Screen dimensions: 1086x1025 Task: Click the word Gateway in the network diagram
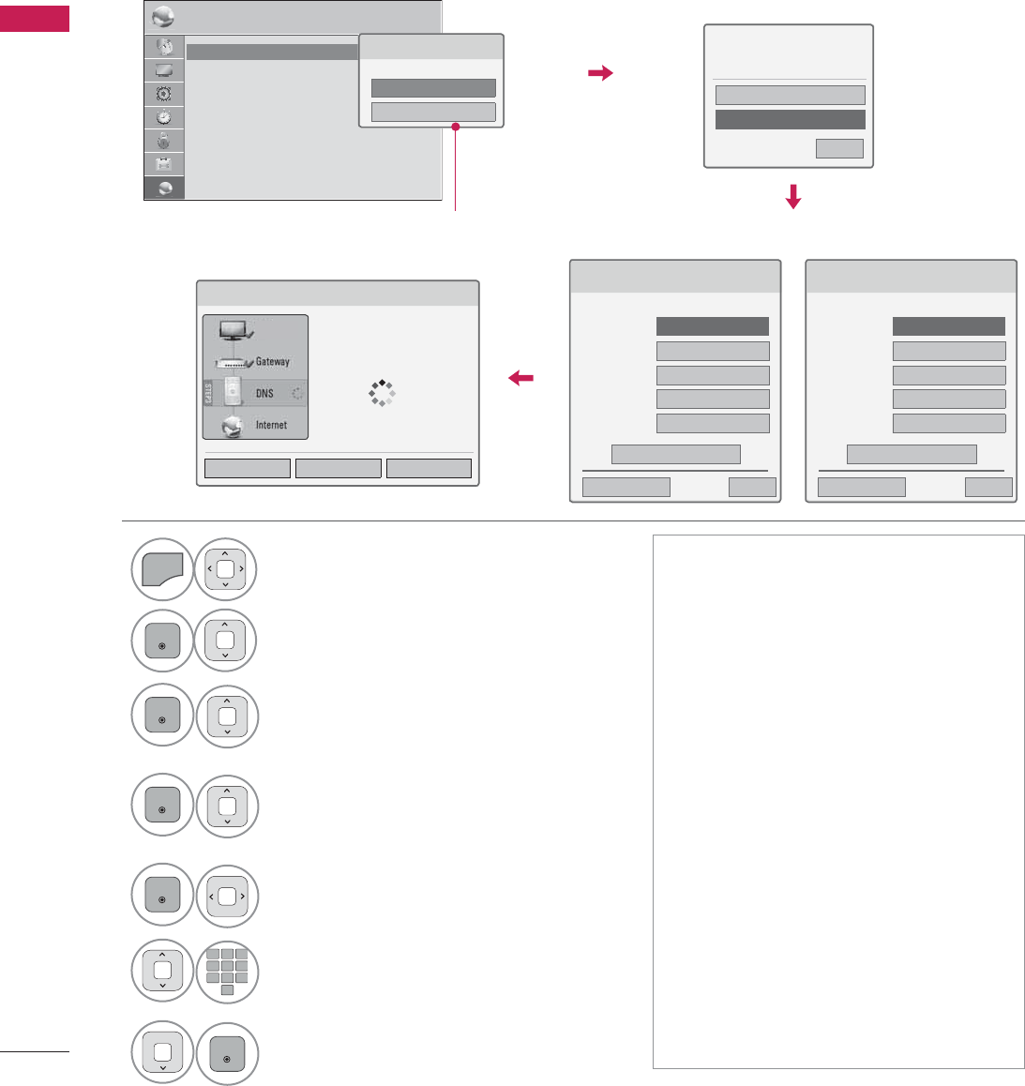click(272, 361)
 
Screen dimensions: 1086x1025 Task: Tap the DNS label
click(264, 393)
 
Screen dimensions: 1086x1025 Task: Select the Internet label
click(271, 425)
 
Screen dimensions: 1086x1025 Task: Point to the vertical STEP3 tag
click(208, 393)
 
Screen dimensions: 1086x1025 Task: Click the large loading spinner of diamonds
click(382, 393)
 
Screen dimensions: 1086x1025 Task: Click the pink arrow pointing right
click(600, 73)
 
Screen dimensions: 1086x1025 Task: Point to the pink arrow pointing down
click(793, 197)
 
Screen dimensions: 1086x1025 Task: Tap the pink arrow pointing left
click(520, 378)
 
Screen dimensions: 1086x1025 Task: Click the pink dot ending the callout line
click(456, 127)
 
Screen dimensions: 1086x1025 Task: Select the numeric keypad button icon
click(227, 972)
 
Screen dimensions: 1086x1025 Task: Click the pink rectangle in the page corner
click(35, 18)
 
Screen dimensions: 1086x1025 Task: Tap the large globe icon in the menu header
click(163, 19)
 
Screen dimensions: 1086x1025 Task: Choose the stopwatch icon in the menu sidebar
click(164, 117)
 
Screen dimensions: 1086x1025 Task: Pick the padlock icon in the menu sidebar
click(164, 141)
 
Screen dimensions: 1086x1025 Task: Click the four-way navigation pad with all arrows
click(226, 568)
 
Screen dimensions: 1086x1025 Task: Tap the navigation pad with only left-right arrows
click(227, 896)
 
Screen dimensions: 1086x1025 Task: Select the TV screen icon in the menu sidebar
click(164, 70)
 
